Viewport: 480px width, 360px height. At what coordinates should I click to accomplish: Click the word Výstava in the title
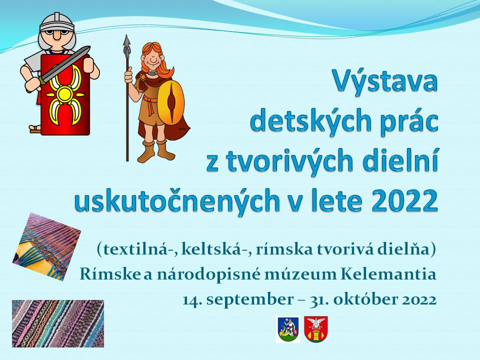click(385, 80)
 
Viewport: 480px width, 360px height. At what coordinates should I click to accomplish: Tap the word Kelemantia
click(388, 274)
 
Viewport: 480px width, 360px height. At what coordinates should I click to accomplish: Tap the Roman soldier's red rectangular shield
click(65, 95)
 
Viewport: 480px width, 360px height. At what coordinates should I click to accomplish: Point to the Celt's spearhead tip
click(126, 35)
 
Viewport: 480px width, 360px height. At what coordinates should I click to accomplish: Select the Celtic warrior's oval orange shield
click(171, 102)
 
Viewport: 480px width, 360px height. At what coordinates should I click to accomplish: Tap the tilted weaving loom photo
click(47, 246)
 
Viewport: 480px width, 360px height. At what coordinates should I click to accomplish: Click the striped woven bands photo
click(58, 323)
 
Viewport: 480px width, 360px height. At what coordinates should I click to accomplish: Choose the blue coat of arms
click(288, 329)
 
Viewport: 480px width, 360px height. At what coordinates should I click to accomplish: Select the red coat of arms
click(316, 329)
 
